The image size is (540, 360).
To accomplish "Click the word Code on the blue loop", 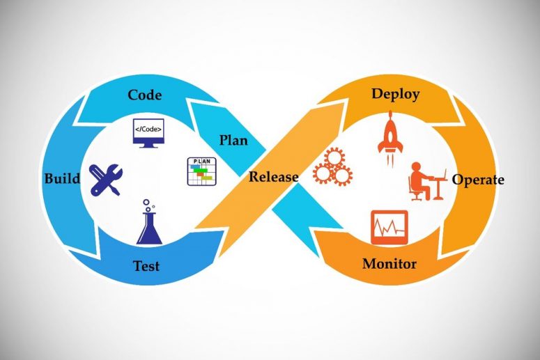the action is [145, 95].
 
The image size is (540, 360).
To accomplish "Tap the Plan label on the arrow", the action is [233, 141].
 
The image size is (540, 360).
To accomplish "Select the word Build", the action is [62, 178].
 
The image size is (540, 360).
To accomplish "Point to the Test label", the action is [146, 266].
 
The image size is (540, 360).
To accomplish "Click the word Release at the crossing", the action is [273, 177].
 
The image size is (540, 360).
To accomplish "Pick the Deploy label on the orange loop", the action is [396, 94].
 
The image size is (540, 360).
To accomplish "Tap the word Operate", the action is [478, 180].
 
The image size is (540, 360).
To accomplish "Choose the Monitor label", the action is [389, 264].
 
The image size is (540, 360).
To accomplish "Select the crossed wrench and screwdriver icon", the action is [105, 180].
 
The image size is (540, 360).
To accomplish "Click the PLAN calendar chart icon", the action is [202, 171].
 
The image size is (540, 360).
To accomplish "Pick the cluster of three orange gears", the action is [332, 167].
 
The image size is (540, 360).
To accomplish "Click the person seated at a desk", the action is [427, 181].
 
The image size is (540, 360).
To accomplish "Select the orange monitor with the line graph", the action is [389, 228].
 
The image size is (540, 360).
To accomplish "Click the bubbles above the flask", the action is [148, 205].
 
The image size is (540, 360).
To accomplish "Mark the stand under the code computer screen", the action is [149, 146].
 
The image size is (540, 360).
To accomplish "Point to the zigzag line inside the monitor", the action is [389, 227].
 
